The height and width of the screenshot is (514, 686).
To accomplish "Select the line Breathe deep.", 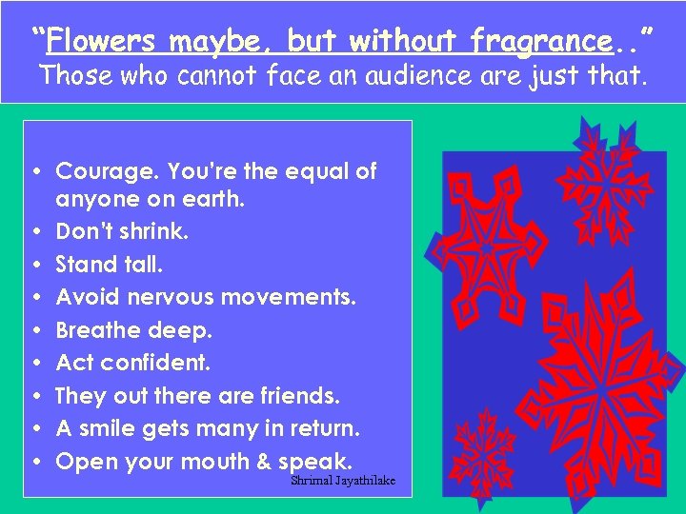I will pos(133,330).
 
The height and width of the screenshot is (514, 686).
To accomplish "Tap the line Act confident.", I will pos(133,363).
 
